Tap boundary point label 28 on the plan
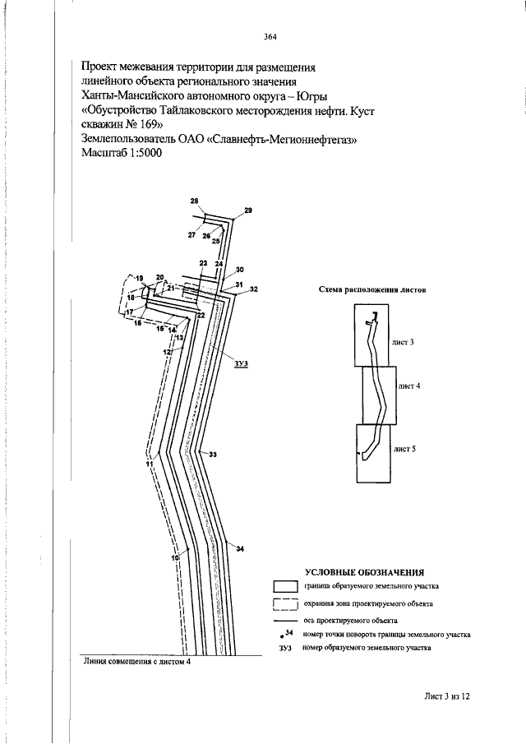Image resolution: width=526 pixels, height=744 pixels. tap(195, 201)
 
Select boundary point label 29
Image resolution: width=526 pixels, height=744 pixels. tap(248, 210)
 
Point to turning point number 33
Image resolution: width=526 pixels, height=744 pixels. tap(213, 455)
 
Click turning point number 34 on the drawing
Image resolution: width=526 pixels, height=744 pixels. tap(240, 549)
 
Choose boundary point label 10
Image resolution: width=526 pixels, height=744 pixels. tap(175, 557)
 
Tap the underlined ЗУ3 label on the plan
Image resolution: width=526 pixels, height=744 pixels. tap(242, 363)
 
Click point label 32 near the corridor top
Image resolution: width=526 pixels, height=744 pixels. tap(254, 289)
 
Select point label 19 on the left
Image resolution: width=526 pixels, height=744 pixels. tap(139, 279)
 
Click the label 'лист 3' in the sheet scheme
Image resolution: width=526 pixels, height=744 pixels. tap(404, 342)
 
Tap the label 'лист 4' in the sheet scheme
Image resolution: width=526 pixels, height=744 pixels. tap(409, 386)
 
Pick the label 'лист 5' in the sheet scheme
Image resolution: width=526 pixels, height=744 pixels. tap(405, 448)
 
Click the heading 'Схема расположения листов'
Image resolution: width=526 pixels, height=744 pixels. tap(371, 289)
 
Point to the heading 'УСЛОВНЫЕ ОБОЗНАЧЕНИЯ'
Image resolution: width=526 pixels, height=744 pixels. tap(364, 572)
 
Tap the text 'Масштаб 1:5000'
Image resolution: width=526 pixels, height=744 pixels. tap(122, 153)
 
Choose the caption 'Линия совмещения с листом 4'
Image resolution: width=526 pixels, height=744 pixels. tap(136, 663)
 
